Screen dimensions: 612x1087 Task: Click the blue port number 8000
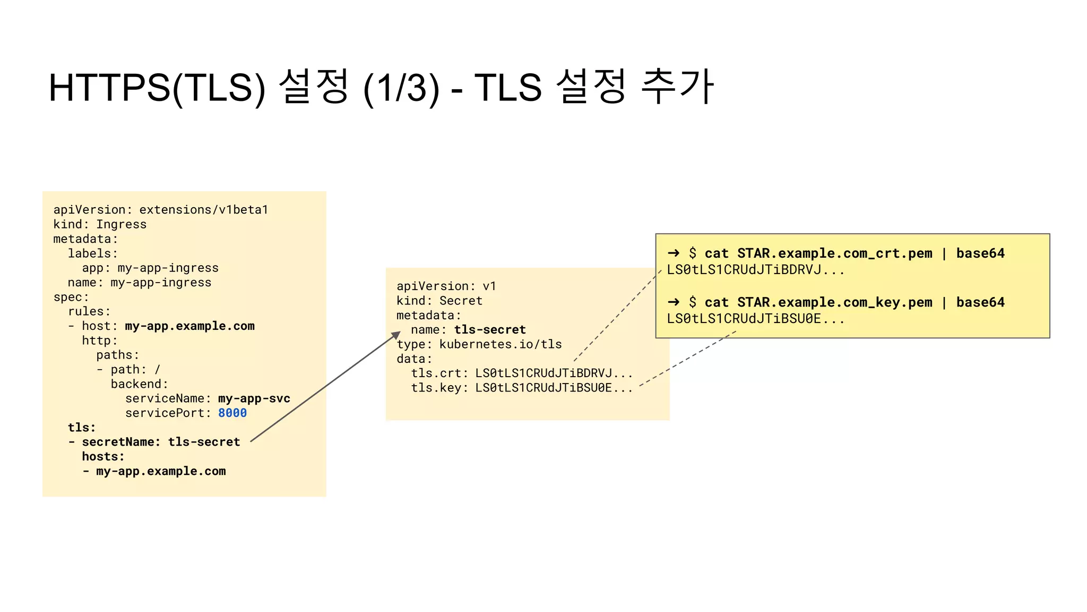pyautogui.click(x=232, y=413)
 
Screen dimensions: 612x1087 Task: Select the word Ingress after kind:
pyautogui.click(x=121, y=224)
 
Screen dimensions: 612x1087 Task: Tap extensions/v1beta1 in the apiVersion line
pyautogui.click(x=203, y=210)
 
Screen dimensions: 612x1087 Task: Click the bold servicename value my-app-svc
pyautogui.click(x=254, y=398)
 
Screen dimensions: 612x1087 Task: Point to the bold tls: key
pyautogui.click(x=82, y=428)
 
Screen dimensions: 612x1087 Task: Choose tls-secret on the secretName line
pyautogui.click(x=204, y=442)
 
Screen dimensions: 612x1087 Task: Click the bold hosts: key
pyautogui.click(x=103, y=456)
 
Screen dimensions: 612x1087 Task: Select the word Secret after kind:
pyautogui.click(x=461, y=301)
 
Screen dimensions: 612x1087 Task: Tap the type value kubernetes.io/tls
pyautogui.click(x=500, y=344)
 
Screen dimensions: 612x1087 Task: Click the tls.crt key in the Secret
pyautogui.click(x=436, y=373)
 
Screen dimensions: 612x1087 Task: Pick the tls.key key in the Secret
pyautogui.click(x=436, y=388)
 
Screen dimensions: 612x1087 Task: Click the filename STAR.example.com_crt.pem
pyautogui.click(x=834, y=253)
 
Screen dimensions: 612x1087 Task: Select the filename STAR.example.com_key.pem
pyautogui.click(x=834, y=302)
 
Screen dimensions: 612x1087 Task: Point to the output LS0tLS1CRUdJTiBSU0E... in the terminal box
pyautogui.click(x=755, y=319)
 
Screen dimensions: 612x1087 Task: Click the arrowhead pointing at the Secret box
pyautogui.click(x=396, y=335)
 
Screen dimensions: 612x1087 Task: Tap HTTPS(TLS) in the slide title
pyautogui.click(x=157, y=88)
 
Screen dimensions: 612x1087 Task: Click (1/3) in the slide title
pyautogui.click(x=401, y=88)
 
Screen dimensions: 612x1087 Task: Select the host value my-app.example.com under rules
pyautogui.click(x=189, y=326)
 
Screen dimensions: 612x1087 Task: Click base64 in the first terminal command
pyautogui.click(x=980, y=253)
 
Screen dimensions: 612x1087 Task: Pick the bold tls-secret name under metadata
pyautogui.click(x=489, y=330)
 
